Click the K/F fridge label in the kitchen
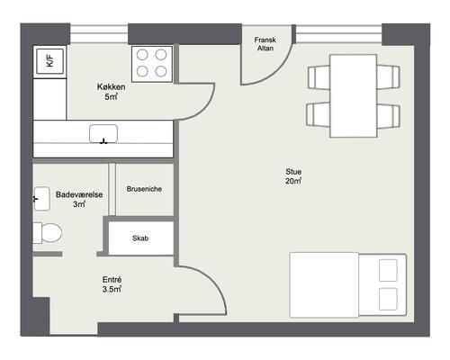(49, 61)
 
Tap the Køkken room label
(111, 87)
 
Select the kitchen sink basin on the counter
(103, 134)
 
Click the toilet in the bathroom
(48, 233)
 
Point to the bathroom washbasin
(41, 199)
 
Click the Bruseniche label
(144, 189)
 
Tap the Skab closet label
(140, 238)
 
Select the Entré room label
(112, 280)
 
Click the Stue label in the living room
(293, 172)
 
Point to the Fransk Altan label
(265, 44)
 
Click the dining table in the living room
(354, 96)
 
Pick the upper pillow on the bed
(388, 270)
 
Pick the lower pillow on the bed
(388, 299)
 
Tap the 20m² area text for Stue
(293, 181)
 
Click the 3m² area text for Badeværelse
(79, 204)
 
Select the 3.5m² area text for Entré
(112, 289)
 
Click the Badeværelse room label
(79, 194)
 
